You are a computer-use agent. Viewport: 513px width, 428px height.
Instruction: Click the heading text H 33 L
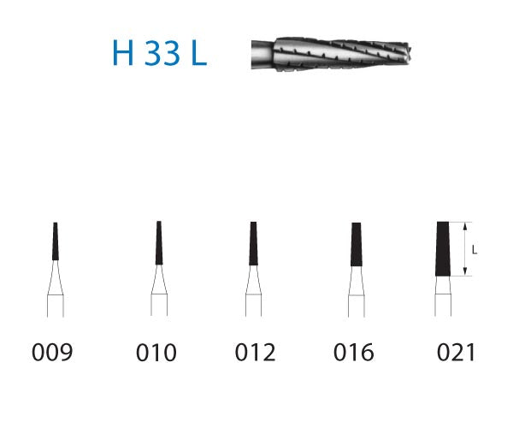click(x=160, y=53)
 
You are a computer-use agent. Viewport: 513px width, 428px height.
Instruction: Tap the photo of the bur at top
click(x=333, y=53)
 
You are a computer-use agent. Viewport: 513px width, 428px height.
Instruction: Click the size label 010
click(x=156, y=353)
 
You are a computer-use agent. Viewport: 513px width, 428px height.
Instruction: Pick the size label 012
click(x=254, y=353)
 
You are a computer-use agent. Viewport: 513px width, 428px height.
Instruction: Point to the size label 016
click(x=353, y=353)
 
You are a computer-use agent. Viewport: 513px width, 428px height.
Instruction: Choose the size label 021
click(x=453, y=353)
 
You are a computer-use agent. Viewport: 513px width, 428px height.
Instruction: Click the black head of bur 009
click(x=56, y=241)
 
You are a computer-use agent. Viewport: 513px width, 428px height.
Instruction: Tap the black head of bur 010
click(x=158, y=243)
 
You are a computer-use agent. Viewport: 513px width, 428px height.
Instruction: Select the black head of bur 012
click(x=253, y=245)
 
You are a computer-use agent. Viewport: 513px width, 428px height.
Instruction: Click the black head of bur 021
click(x=443, y=248)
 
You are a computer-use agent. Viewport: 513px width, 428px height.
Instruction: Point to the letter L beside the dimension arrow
click(x=475, y=250)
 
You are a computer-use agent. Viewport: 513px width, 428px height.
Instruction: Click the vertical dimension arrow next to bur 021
click(x=464, y=248)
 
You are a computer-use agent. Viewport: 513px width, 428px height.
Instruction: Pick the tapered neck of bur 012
click(x=253, y=281)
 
